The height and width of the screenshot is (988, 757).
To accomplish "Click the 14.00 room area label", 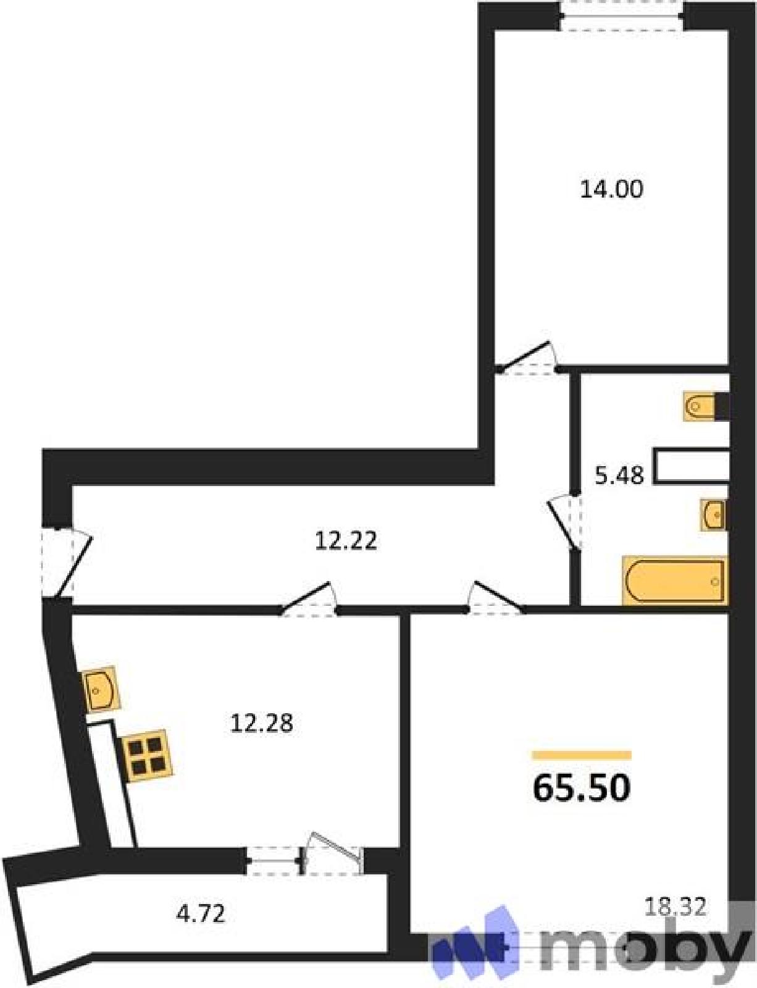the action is click(611, 190).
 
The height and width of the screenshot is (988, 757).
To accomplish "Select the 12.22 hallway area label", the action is click(346, 541).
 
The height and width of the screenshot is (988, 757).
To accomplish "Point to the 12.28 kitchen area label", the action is click(262, 723).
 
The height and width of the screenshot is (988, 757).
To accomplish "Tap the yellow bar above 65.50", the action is click(582, 755).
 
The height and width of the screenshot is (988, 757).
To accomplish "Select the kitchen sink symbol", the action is click(101, 689).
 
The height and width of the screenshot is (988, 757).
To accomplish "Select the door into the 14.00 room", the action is click(528, 359).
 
